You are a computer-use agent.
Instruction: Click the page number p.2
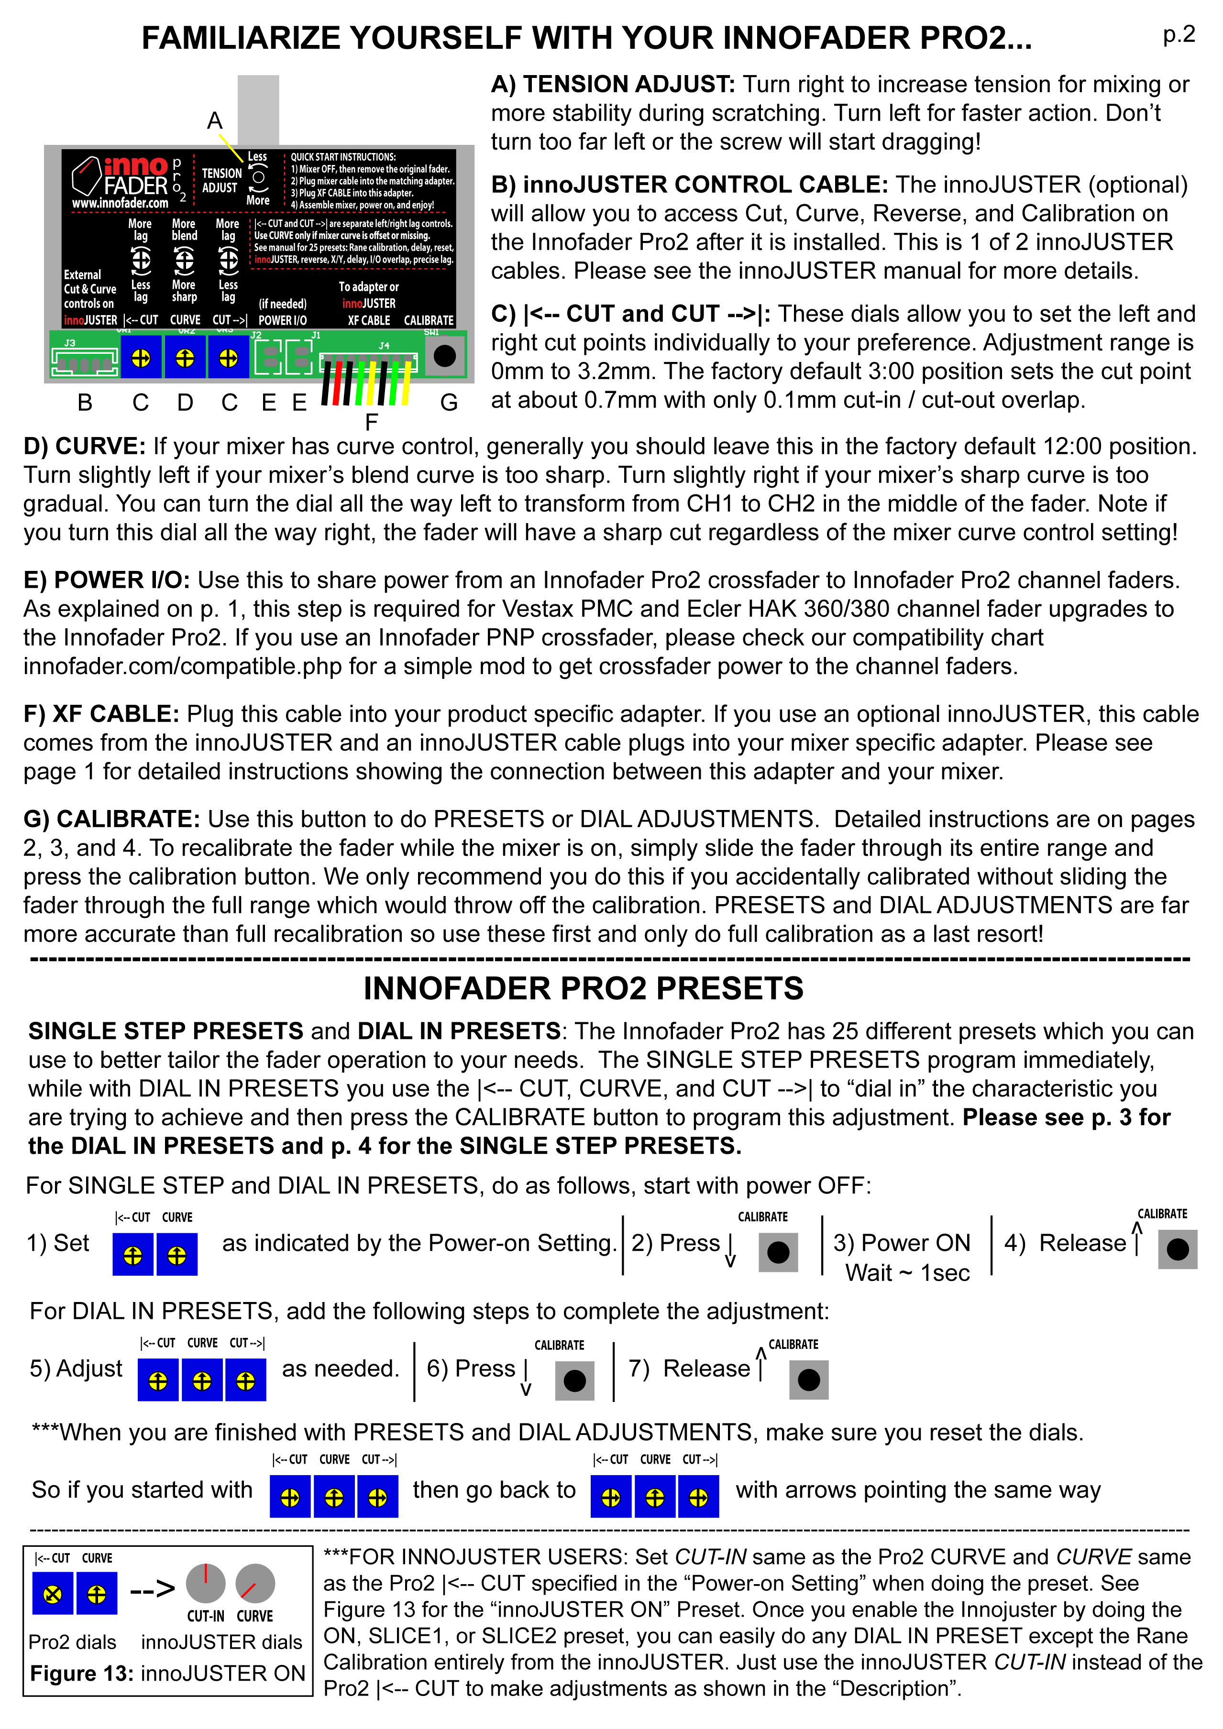click(1179, 34)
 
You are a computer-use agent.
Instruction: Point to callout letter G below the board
click(449, 403)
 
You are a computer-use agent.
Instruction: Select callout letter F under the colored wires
click(371, 423)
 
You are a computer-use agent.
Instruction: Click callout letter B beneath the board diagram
click(85, 403)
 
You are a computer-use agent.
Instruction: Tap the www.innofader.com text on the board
click(121, 203)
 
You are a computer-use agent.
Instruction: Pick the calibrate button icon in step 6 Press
click(574, 1380)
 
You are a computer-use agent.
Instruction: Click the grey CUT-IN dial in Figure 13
click(206, 1582)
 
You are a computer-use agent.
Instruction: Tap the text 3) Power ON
click(902, 1243)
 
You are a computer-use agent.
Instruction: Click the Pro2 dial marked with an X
click(53, 1594)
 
